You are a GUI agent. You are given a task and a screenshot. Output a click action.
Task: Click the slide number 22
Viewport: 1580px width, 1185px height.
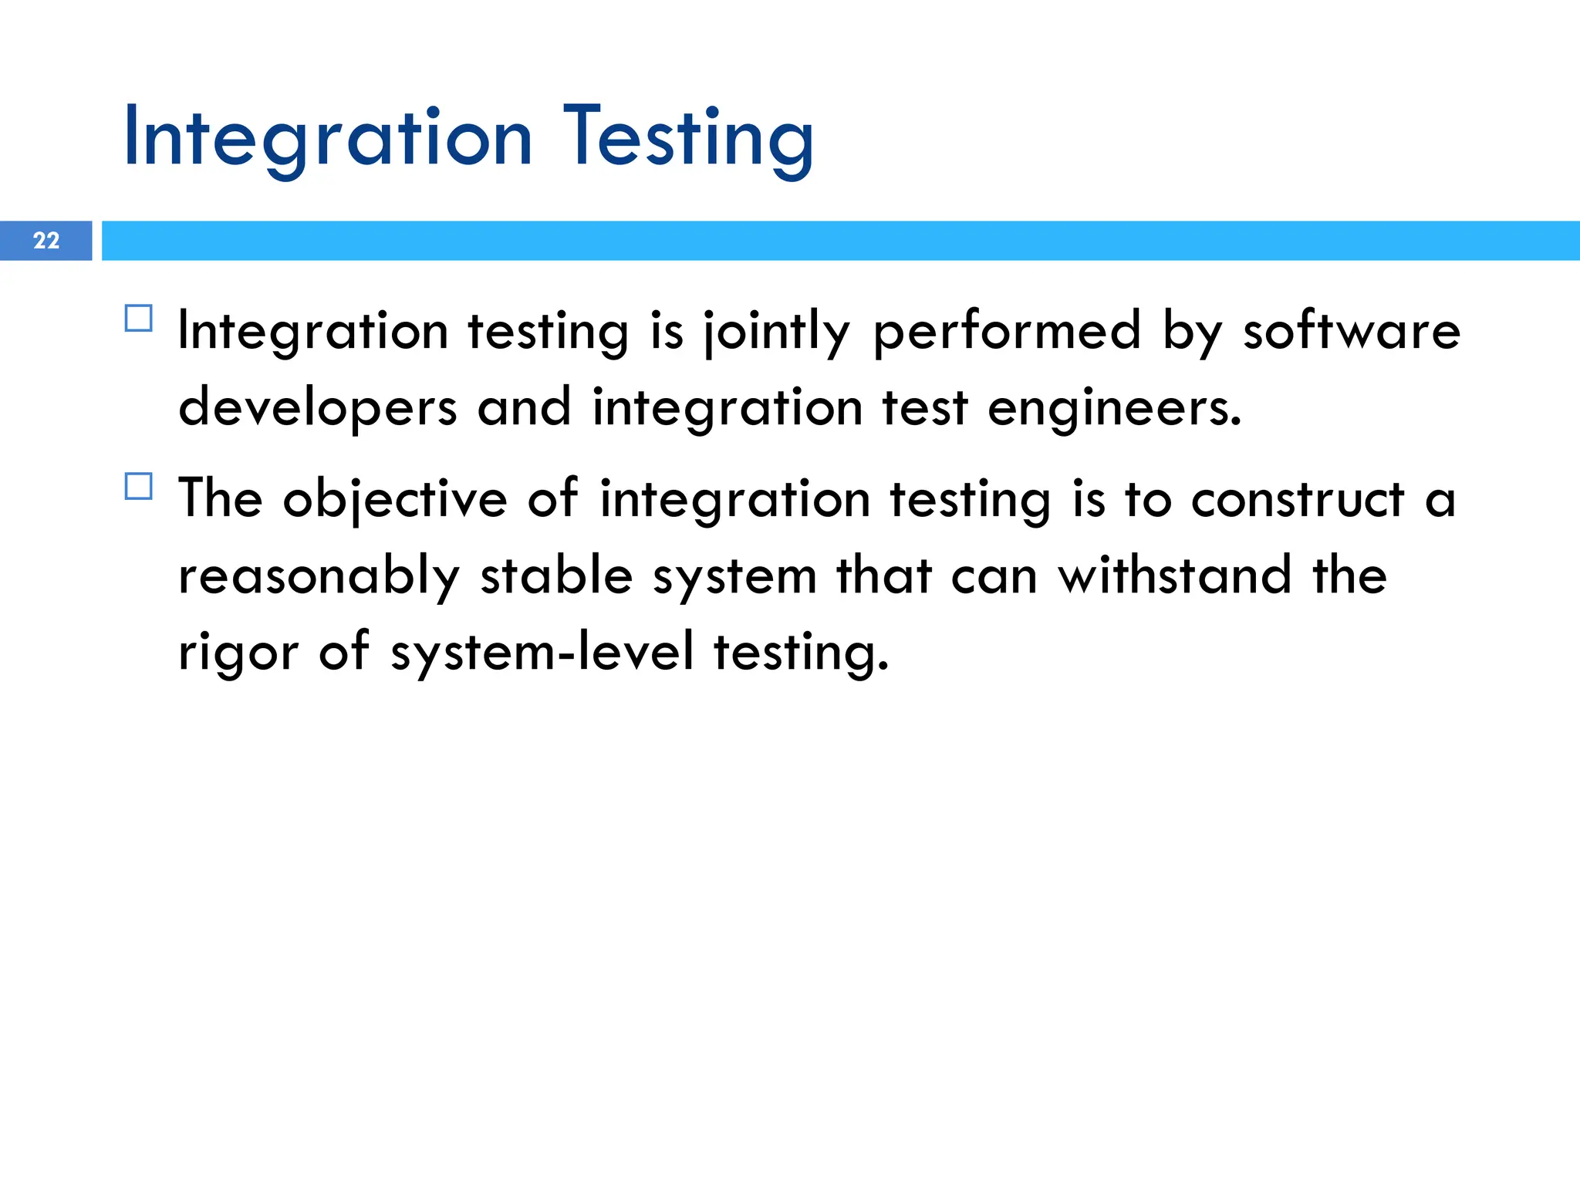(x=46, y=241)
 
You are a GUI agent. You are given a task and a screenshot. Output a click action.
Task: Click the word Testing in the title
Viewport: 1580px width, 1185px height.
(x=689, y=139)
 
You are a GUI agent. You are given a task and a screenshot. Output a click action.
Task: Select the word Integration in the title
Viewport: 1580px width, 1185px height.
(x=328, y=139)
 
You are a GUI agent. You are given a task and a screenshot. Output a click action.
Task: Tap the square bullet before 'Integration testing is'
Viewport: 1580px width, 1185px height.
(x=138, y=318)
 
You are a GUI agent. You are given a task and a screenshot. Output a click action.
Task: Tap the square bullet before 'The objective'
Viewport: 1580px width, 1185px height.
(x=138, y=486)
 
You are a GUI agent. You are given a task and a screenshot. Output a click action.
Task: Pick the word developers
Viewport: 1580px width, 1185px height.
(x=318, y=409)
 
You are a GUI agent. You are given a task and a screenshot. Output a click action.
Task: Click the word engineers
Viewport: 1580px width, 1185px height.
(x=1115, y=409)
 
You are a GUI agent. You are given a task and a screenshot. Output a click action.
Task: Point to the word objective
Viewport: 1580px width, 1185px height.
(x=395, y=500)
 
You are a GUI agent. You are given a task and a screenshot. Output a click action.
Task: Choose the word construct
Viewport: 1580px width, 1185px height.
(x=1298, y=500)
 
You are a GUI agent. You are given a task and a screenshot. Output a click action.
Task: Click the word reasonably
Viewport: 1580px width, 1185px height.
(x=319, y=577)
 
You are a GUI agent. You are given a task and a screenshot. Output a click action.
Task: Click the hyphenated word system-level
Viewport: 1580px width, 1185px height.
(x=542, y=653)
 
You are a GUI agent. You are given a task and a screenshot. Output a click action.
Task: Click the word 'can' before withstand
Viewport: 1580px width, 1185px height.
(x=994, y=577)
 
